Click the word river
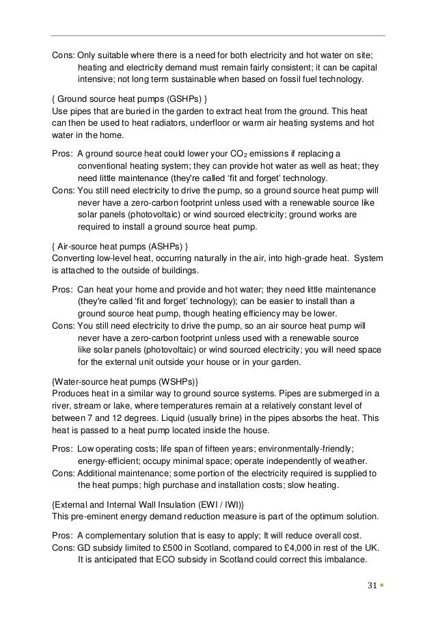point(63,405)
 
